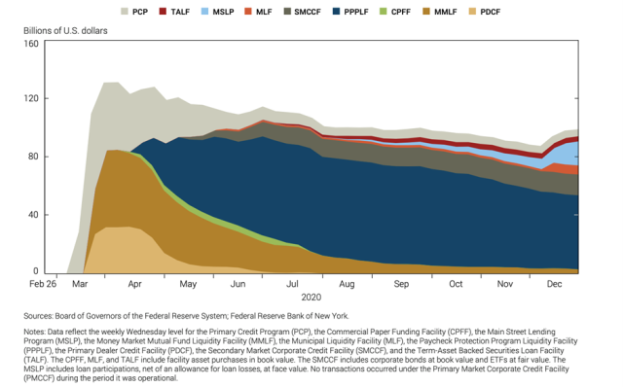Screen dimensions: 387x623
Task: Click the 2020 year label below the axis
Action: (x=311, y=298)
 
